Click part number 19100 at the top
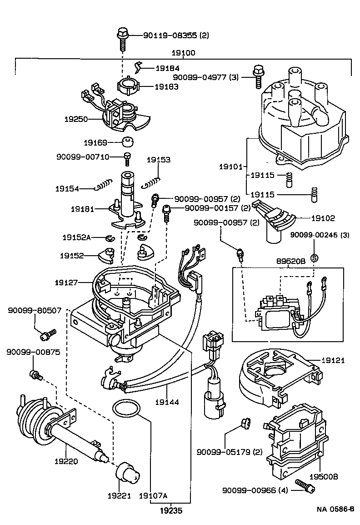click(183, 53)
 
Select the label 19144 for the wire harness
click(167, 402)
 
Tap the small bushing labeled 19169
click(128, 142)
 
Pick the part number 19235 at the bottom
click(171, 510)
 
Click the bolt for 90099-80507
click(47, 334)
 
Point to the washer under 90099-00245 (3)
click(313, 257)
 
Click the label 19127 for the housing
click(68, 283)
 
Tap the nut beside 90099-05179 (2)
click(244, 424)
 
